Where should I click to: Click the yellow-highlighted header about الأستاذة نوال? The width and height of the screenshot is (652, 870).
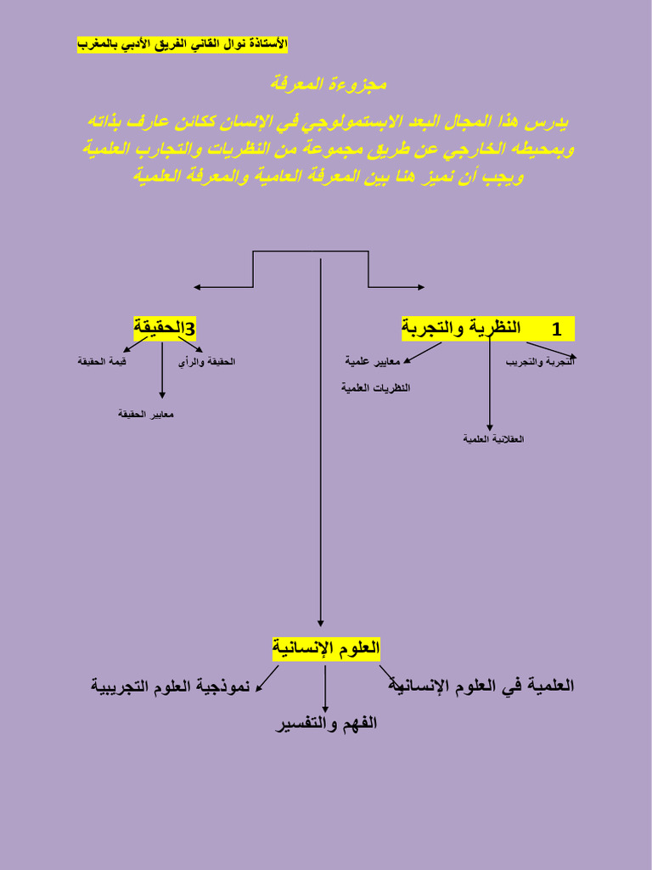click(x=183, y=43)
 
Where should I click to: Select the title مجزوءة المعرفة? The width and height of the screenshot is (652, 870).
click(x=328, y=84)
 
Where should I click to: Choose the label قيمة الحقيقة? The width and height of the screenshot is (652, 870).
click(x=102, y=362)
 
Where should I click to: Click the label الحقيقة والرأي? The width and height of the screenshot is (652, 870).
click(x=206, y=362)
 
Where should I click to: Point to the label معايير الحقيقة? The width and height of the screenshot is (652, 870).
click(x=146, y=414)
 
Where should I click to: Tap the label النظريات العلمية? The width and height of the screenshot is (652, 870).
click(x=375, y=387)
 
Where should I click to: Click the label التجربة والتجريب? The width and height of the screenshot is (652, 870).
click(x=541, y=362)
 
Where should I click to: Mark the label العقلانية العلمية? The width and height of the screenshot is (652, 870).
click(x=493, y=439)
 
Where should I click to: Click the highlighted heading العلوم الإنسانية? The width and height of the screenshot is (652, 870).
click(x=326, y=649)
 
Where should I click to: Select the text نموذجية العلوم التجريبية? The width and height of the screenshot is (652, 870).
click(x=171, y=686)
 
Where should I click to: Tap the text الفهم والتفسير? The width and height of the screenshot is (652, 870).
click(x=326, y=724)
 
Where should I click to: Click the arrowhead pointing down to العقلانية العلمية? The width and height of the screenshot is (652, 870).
click(x=490, y=427)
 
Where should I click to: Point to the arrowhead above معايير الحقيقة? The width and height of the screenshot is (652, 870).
click(x=162, y=394)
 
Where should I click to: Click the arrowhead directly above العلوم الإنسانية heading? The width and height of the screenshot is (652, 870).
click(x=321, y=623)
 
